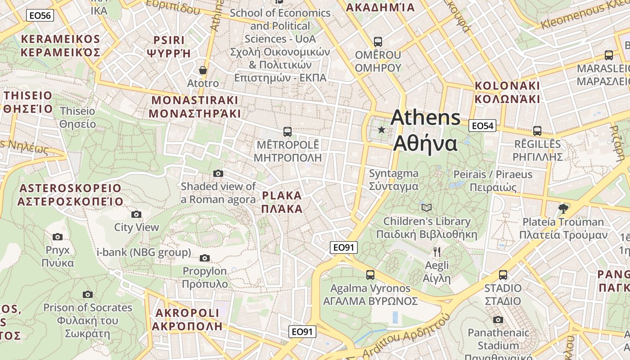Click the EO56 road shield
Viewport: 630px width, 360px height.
click(40, 16)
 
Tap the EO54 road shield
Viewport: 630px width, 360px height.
click(482, 126)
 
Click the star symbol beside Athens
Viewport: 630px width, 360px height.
click(382, 130)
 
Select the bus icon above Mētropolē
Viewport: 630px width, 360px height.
click(288, 132)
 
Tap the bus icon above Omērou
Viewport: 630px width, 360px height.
click(378, 42)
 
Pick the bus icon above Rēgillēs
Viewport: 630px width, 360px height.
click(537, 131)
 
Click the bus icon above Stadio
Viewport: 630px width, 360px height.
click(503, 275)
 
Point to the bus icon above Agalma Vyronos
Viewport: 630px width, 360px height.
click(370, 275)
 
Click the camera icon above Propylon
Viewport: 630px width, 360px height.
click(205, 258)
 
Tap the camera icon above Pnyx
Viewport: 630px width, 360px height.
click(58, 237)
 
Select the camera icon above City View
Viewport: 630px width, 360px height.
click(136, 214)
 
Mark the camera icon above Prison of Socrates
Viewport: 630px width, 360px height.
click(88, 294)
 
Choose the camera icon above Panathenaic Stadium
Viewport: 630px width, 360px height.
click(498, 319)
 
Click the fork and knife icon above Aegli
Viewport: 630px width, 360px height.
click(436, 252)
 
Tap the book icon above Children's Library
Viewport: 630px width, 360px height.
click(426, 207)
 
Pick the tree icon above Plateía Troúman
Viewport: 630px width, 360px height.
click(562, 208)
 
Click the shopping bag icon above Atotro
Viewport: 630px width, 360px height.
click(203, 70)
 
